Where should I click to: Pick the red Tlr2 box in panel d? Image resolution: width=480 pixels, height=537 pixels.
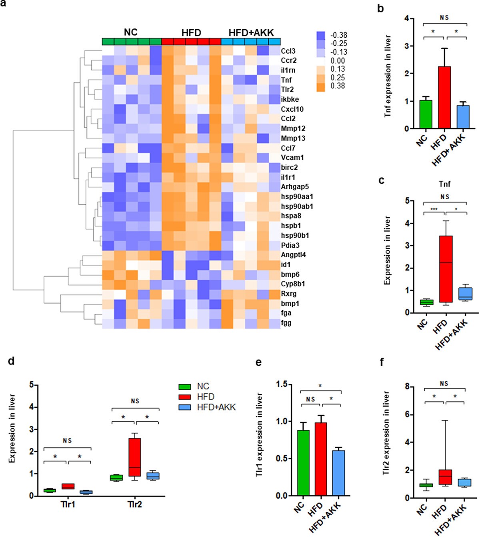click(135, 457)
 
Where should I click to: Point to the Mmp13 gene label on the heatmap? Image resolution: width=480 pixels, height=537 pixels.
click(293, 138)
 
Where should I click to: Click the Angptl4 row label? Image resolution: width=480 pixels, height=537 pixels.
click(293, 255)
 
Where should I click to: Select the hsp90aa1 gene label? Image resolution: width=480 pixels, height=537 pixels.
click(297, 196)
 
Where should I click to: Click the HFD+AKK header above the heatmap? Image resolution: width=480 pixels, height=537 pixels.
click(251, 33)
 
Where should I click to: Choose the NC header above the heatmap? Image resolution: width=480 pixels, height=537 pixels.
click(131, 32)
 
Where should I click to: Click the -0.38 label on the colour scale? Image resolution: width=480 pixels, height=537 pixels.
click(338, 35)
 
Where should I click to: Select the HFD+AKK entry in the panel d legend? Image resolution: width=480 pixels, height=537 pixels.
click(216, 407)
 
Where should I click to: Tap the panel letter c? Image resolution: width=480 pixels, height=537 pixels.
click(382, 180)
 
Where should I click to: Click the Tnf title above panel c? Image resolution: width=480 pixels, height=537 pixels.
click(444, 184)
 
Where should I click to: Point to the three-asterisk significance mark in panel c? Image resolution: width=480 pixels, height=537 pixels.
click(434, 209)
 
